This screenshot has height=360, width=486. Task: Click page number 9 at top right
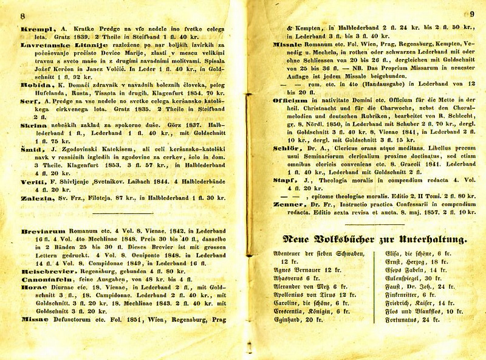click(x=471, y=15)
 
